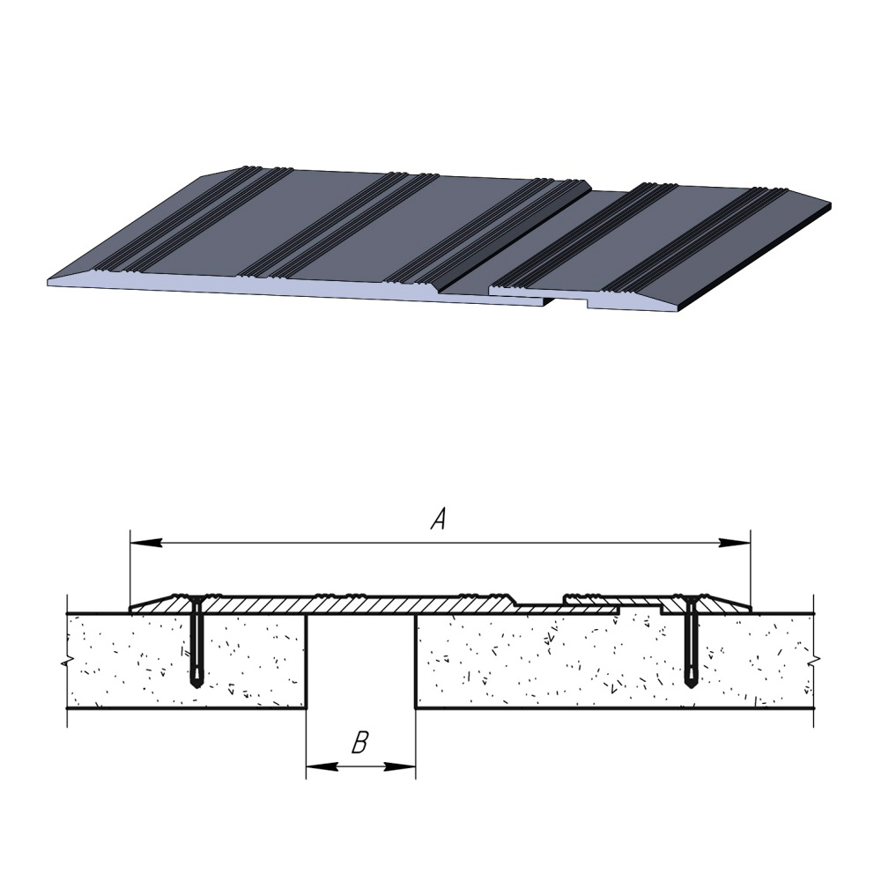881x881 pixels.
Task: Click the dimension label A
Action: [x=439, y=519]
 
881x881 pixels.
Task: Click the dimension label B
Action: [x=359, y=742]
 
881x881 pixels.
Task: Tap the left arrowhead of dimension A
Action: [x=146, y=543]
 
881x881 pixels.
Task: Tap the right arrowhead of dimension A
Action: [x=735, y=543]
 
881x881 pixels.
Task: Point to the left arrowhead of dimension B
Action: [x=322, y=766]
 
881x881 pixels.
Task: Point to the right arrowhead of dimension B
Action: [x=400, y=766]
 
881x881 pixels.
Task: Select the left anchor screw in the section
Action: [x=196, y=641]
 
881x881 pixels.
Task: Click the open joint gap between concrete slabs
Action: [x=360, y=662]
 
